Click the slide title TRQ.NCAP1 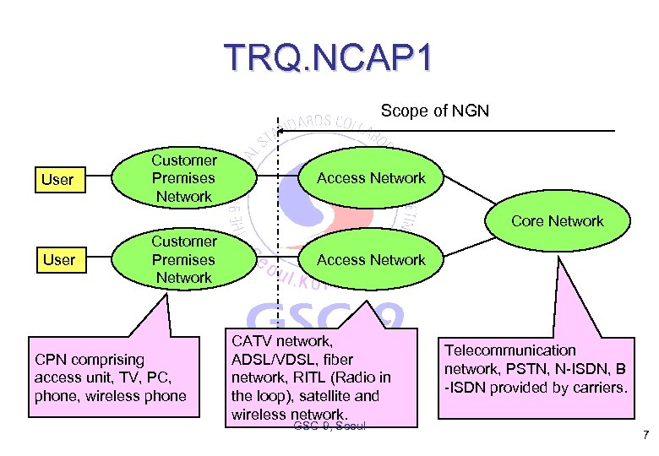tap(329, 57)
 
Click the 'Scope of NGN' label tap(434, 111)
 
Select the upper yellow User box tap(58, 179)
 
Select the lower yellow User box tap(58, 259)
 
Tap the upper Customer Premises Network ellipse tap(183, 178)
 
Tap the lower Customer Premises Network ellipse tap(183, 259)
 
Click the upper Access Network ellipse tap(371, 178)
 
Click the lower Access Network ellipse tap(371, 259)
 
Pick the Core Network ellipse tap(558, 221)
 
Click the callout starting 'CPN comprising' tap(110, 378)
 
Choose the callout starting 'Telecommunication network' tap(536, 369)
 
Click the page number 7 tap(645, 436)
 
